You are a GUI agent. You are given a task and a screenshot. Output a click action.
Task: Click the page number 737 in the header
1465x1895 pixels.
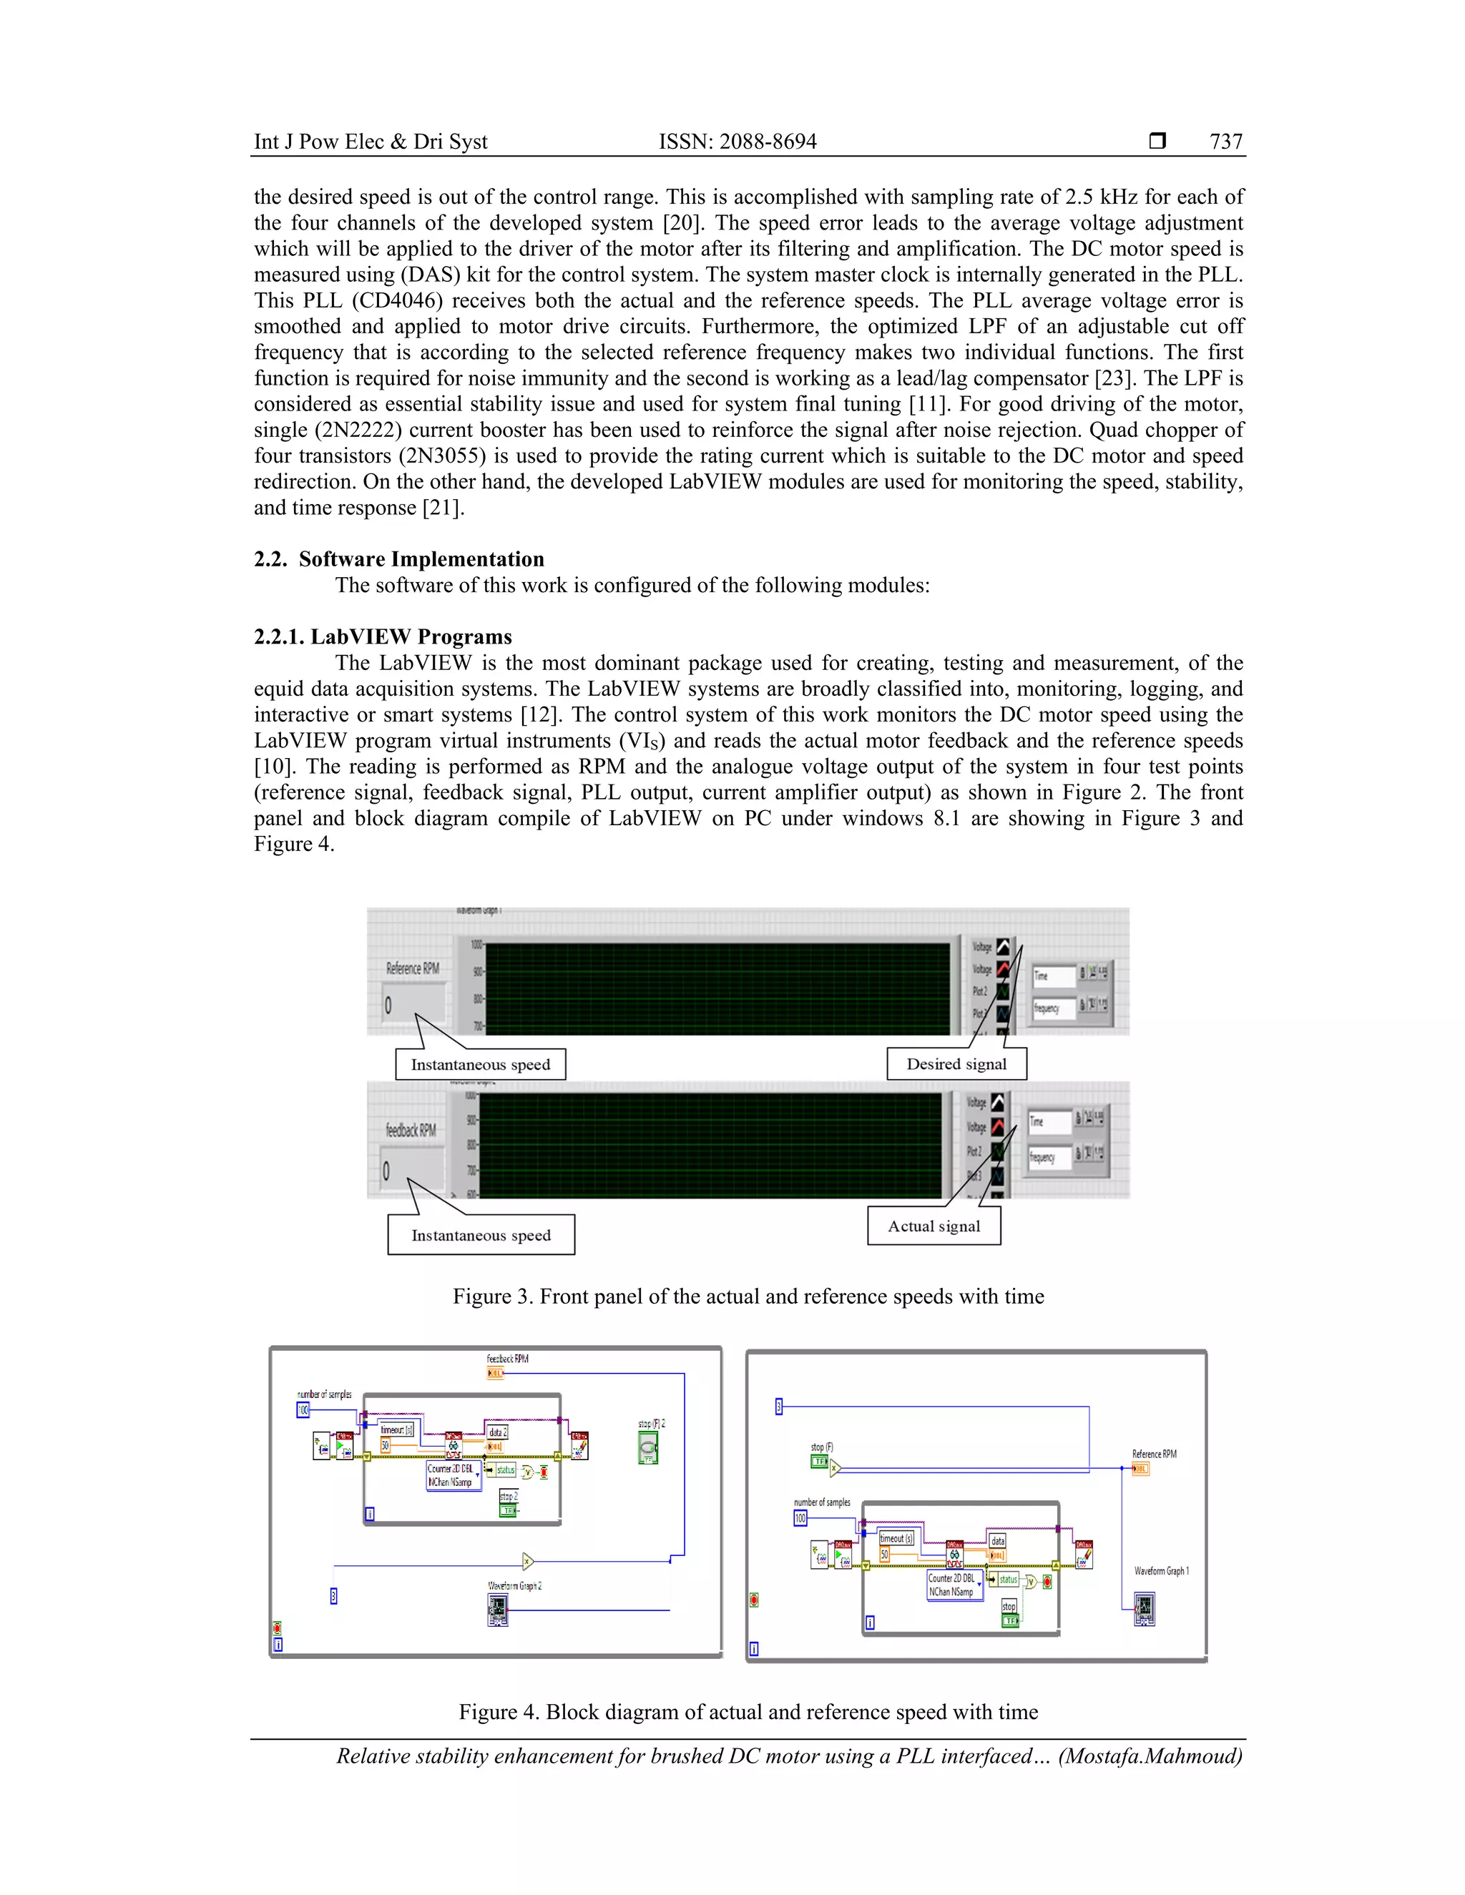(x=1225, y=142)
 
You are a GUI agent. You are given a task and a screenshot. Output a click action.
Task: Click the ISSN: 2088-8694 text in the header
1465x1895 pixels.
(x=737, y=142)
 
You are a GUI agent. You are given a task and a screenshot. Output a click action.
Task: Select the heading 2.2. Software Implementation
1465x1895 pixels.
(x=398, y=558)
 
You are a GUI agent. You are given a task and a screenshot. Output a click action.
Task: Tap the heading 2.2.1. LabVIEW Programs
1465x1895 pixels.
(x=383, y=637)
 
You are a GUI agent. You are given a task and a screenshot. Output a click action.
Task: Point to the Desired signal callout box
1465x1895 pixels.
(x=956, y=1064)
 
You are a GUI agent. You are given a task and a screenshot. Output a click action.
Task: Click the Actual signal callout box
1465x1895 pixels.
(x=934, y=1226)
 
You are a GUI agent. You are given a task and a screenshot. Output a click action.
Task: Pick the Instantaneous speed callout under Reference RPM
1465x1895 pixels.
(x=480, y=1065)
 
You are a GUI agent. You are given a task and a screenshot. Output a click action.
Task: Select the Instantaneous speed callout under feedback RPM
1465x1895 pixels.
(x=481, y=1236)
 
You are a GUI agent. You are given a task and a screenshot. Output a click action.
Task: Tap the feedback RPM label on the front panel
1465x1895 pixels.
(x=411, y=1130)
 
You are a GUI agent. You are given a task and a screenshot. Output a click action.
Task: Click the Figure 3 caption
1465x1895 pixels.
(x=748, y=1296)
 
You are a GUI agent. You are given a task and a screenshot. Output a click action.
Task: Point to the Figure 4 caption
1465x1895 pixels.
(x=748, y=1712)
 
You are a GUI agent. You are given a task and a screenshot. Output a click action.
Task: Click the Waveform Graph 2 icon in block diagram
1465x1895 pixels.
(x=497, y=1611)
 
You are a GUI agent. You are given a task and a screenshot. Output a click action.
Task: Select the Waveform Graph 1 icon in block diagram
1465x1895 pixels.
(x=1145, y=1609)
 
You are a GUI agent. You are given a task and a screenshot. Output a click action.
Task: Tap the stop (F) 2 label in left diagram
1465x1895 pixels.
(x=651, y=1424)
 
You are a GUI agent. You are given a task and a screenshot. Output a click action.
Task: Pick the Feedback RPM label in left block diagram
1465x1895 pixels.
(x=507, y=1359)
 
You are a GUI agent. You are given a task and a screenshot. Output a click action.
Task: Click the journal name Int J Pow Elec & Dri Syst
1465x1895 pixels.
(x=371, y=142)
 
